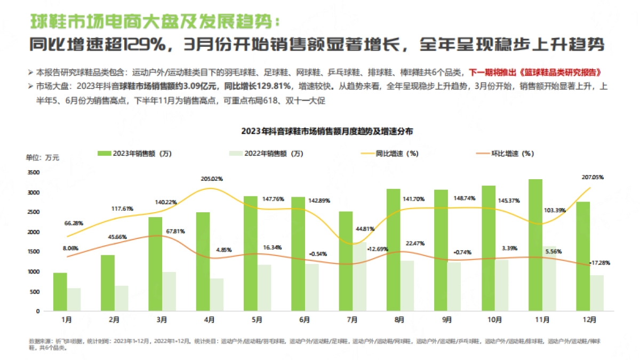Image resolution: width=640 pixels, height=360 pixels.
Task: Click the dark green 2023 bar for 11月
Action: coord(535,245)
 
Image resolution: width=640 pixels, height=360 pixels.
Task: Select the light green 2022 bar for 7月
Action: coord(359,277)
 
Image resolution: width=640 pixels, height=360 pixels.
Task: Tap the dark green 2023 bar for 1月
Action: coord(60,292)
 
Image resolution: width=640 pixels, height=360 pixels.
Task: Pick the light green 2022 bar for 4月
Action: coord(217,295)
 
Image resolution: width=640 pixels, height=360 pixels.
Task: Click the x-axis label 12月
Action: coord(590,320)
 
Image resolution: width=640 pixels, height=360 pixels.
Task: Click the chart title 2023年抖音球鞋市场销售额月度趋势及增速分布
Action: coord(327,131)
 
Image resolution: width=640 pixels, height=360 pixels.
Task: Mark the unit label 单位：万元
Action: coord(43,157)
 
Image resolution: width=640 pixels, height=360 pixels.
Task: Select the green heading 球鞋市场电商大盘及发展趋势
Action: coord(155,21)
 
